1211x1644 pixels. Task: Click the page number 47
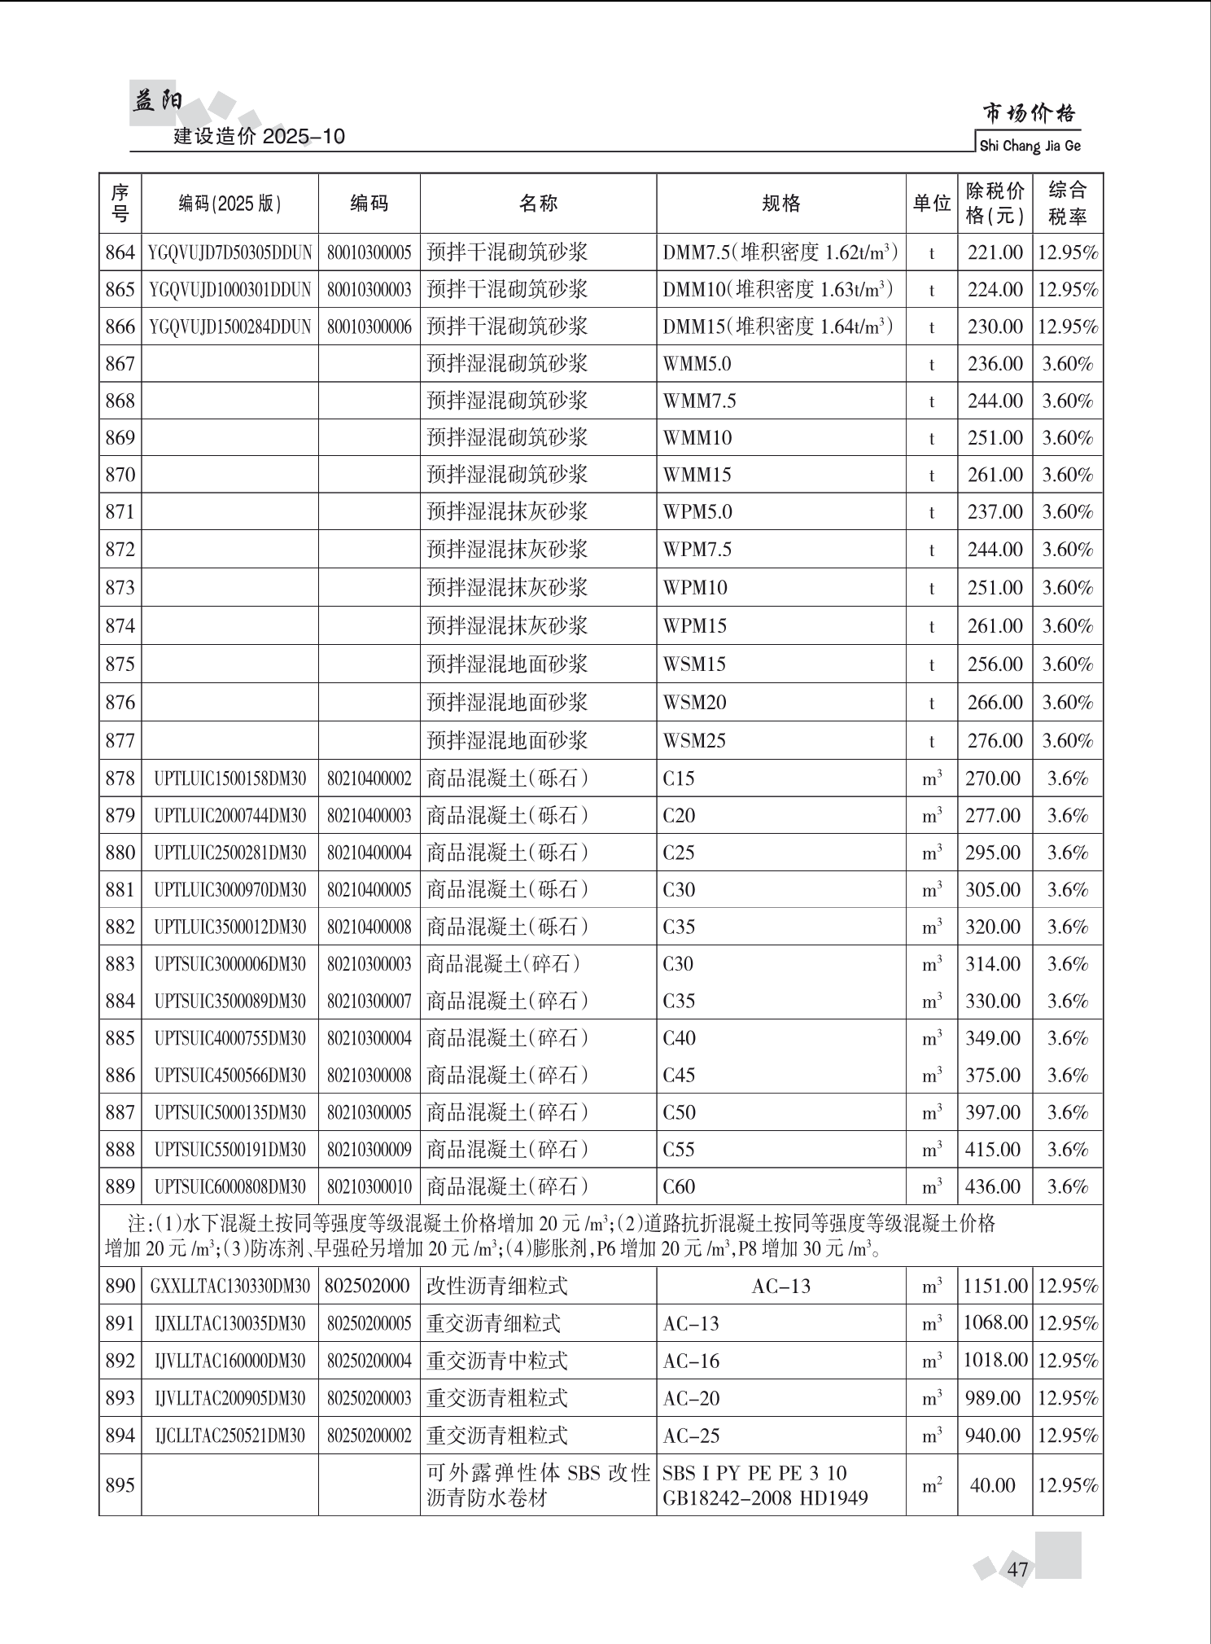point(1017,1569)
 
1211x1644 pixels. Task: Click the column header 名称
point(538,203)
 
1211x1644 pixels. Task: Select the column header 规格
point(780,203)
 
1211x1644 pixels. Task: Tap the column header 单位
point(931,203)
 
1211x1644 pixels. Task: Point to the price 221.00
point(995,252)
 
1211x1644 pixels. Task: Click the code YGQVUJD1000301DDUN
point(230,290)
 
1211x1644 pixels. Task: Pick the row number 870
point(120,475)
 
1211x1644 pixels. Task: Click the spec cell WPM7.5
point(697,550)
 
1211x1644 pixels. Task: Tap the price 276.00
point(995,741)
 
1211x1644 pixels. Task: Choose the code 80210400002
point(369,779)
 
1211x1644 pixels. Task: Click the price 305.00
point(993,890)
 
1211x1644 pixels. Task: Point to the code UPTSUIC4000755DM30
point(230,1038)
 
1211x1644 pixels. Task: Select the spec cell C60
point(679,1187)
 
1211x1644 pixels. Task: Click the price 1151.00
point(995,1287)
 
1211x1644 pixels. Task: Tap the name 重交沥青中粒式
point(496,1361)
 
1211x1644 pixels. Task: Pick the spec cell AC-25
point(691,1436)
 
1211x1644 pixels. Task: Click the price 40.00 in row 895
point(992,1485)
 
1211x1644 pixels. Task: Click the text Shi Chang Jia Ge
point(1030,146)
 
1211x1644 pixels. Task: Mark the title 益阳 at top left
point(157,102)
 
